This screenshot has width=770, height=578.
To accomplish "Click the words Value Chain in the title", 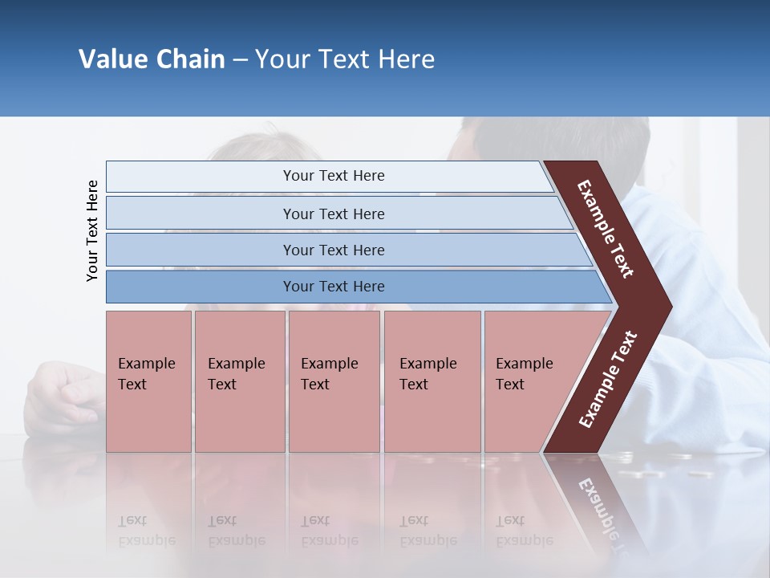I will [x=152, y=59].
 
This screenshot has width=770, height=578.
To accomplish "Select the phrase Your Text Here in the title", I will [x=345, y=59].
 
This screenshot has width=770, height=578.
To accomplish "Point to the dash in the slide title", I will [x=240, y=60].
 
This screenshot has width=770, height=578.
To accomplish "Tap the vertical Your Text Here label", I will [x=92, y=230].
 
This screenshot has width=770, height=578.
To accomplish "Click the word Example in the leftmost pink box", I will [x=146, y=364].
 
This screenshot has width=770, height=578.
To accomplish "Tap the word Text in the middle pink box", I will [x=315, y=385].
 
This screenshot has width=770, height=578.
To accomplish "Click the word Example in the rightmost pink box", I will [x=525, y=364].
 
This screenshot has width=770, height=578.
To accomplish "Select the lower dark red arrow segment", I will [x=608, y=379].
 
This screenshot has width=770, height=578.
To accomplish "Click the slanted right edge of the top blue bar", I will [x=548, y=177].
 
